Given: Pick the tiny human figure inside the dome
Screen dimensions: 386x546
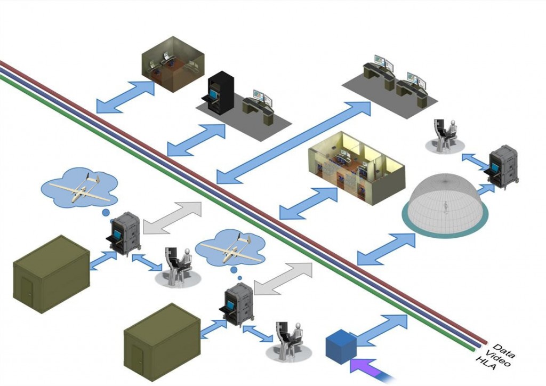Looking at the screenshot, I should click(446, 207).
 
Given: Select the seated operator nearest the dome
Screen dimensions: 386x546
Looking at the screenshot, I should click(446, 136).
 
